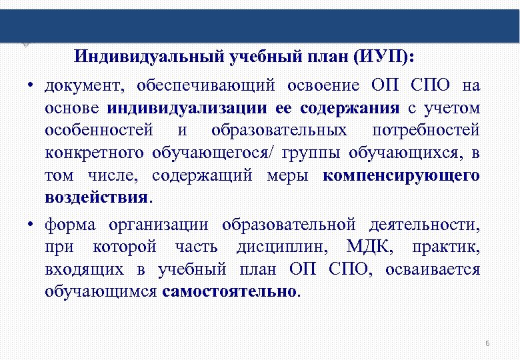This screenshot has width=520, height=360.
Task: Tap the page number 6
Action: coord(487,343)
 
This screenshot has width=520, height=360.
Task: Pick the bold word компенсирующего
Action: coord(401,176)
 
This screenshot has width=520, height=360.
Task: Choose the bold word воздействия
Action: coord(97,199)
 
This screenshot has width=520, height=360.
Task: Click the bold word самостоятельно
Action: coord(229,292)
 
